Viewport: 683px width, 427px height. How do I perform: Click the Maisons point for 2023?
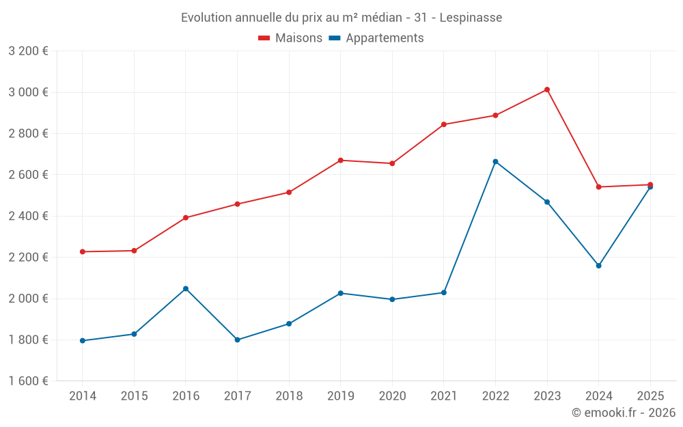pos(547,89)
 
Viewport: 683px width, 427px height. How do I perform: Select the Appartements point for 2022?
pos(495,162)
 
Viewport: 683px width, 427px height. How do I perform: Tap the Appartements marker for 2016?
pos(186,289)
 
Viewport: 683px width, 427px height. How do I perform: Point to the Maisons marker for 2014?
pos(83,252)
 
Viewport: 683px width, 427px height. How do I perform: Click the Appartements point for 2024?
pos(599,266)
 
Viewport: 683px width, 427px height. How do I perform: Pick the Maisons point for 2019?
pos(341,161)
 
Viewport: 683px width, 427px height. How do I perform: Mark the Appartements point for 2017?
pos(237,340)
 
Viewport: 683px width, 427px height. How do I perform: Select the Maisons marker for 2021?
pos(444,124)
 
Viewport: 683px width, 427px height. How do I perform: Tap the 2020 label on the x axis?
pos(392,396)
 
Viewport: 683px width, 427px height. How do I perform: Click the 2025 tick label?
pos(650,396)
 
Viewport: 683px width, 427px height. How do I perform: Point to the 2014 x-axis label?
pos(83,396)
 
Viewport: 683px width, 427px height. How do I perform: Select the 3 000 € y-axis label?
pos(28,92)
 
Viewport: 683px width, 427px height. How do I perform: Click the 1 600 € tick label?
pos(28,381)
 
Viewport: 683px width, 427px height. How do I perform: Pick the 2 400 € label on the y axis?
pos(28,216)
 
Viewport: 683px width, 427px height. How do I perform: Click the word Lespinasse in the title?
pos(471,18)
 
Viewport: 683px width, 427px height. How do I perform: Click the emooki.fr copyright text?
pos(624,413)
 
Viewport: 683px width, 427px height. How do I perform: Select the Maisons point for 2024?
pos(599,187)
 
